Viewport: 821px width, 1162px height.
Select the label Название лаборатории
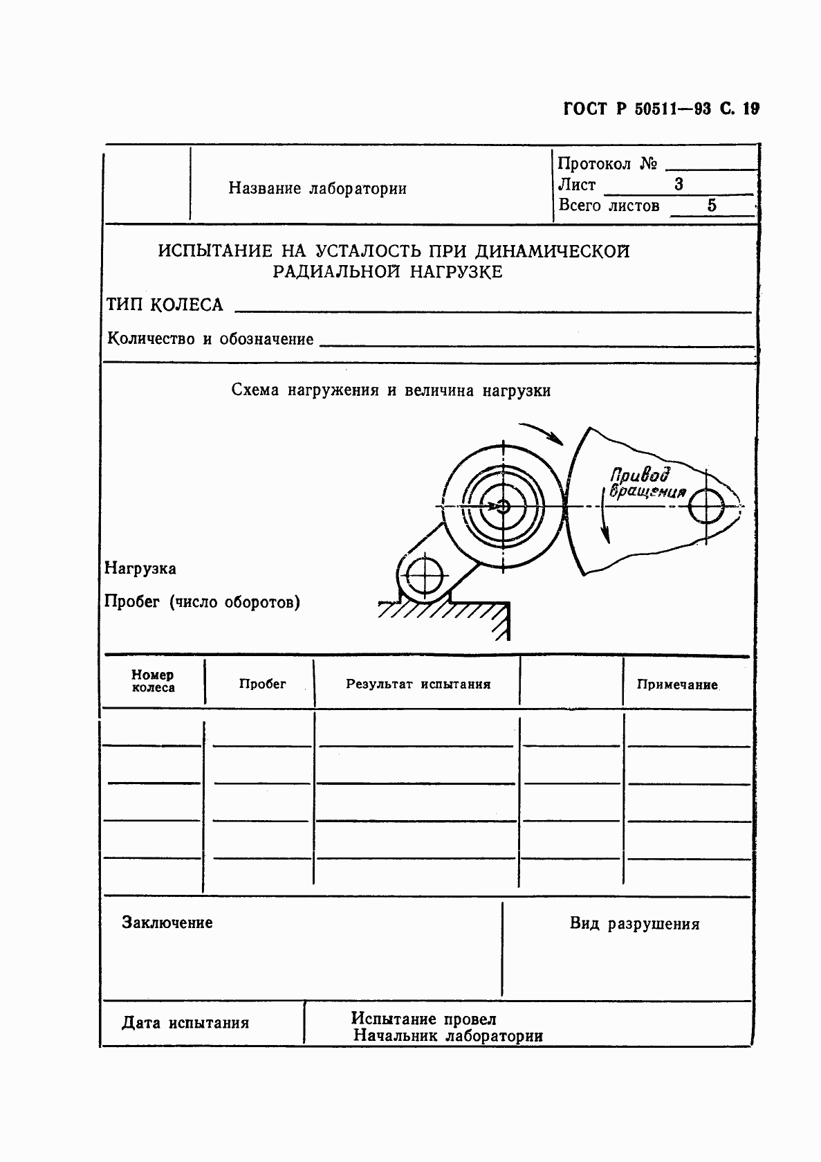click(x=317, y=188)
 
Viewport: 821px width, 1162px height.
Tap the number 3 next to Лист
click(x=679, y=184)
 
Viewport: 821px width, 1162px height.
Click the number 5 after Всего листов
click(x=712, y=206)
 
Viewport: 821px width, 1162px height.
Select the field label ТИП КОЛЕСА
click(x=165, y=305)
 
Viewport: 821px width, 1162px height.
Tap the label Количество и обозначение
click(x=210, y=339)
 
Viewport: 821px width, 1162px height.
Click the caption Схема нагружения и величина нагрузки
click(x=391, y=390)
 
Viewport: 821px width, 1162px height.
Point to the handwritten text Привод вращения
click(x=643, y=483)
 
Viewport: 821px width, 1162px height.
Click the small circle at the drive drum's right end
click(x=706, y=507)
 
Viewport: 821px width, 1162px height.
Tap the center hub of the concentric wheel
click(x=503, y=507)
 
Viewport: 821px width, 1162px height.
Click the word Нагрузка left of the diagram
click(x=140, y=569)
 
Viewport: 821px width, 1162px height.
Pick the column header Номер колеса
click(x=153, y=681)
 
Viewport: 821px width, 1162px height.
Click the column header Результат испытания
click(x=418, y=684)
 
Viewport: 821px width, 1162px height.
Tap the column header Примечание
click(x=677, y=684)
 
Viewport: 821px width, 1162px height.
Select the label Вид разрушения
click(x=634, y=924)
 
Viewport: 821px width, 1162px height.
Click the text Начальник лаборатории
click(x=448, y=1036)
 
